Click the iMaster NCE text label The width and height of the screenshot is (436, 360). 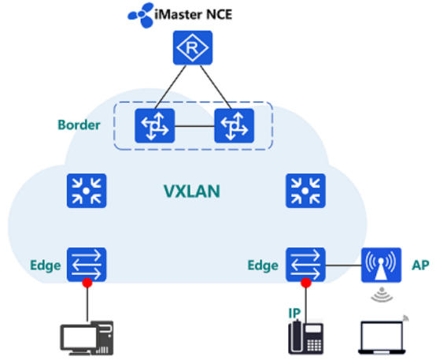pyautogui.click(x=194, y=14)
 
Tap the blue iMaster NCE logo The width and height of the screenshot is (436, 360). pyautogui.click(x=141, y=15)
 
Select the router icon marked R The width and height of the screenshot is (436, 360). pyautogui.click(x=193, y=47)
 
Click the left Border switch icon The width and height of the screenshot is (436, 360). pyautogui.click(x=155, y=126)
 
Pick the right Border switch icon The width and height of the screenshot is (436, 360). pyautogui.click(x=234, y=126)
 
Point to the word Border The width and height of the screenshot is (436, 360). pyautogui.click(x=79, y=125)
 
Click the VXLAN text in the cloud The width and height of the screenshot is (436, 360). pyautogui.click(x=192, y=191)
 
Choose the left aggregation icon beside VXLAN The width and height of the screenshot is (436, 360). pyautogui.click(x=87, y=191)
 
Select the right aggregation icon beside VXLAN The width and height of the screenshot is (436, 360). pyautogui.click(x=305, y=191)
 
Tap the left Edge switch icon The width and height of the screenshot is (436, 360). pyautogui.click(x=87, y=265)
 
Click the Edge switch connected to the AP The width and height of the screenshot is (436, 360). pyautogui.click(x=305, y=265)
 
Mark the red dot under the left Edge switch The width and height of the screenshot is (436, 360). pyautogui.click(x=87, y=283)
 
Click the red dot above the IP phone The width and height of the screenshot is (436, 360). pyautogui.click(x=306, y=283)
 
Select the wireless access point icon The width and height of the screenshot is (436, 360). pyautogui.click(x=381, y=265)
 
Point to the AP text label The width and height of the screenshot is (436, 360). pyautogui.click(x=420, y=265)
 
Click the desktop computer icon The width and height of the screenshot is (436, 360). pyautogui.click(x=87, y=338)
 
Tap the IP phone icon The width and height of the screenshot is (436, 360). pyautogui.click(x=306, y=337)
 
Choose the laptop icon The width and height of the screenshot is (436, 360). pyautogui.click(x=382, y=337)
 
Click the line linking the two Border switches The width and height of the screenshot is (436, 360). pyautogui.click(x=194, y=126)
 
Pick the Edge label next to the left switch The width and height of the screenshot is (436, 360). pyautogui.click(x=46, y=265)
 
